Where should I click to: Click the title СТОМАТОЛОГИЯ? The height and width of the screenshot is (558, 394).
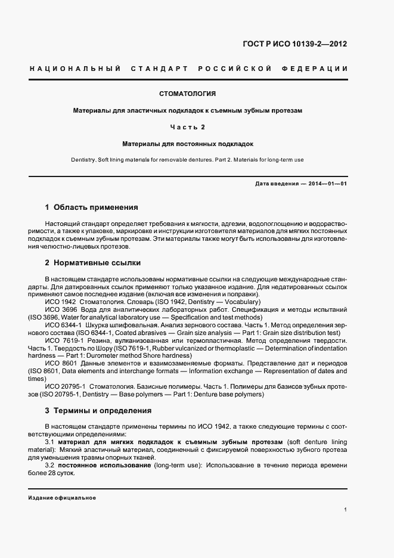click(188, 94)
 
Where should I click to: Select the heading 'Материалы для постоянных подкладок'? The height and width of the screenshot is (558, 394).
click(188, 144)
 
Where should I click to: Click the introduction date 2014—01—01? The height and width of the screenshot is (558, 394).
click(327, 184)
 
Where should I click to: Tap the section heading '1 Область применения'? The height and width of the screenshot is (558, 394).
click(91, 207)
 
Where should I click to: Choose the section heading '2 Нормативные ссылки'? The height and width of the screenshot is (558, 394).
click(93, 262)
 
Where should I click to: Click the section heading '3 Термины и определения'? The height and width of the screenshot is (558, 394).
click(98, 411)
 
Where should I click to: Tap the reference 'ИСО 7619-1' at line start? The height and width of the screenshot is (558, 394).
click(63, 340)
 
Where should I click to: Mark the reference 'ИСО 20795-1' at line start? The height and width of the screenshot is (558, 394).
click(65, 386)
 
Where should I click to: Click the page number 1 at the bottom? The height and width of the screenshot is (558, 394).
click(346, 510)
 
